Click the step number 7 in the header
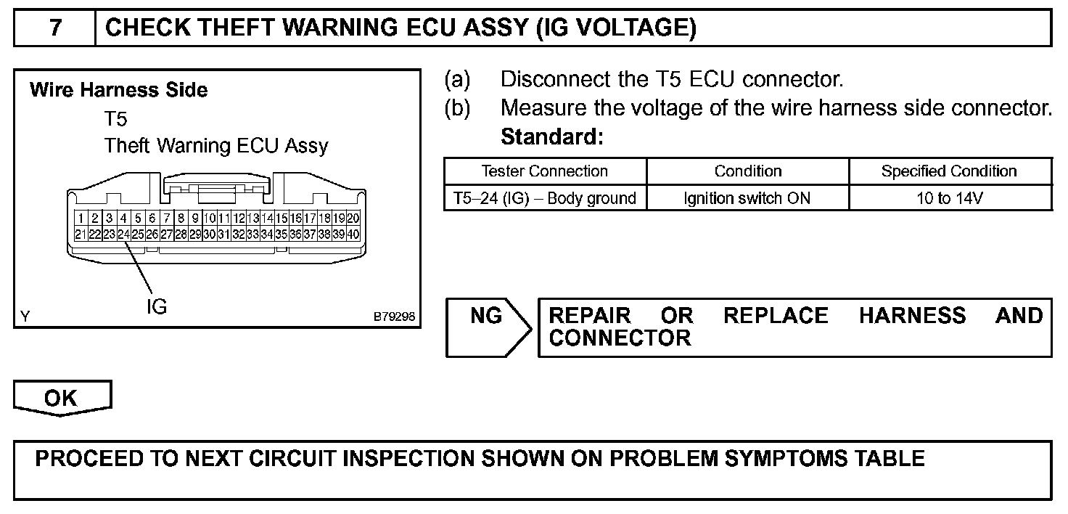[x=55, y=28]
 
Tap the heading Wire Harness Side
[x=118, y=90]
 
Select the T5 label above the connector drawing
[x=115, y=118]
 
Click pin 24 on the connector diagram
[x=123, y=234]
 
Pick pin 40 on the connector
[x=353, y=234]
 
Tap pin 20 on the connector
[x=353, y=218]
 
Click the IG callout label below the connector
[x=156, y=306]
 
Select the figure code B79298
[x=394, y=317]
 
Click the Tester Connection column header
[x=545, y=171]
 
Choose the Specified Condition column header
[x=949, y=171]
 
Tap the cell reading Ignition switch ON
[x=747, y=197]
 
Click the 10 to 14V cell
[x=949, y=197]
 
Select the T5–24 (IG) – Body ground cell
[x=545, y=197]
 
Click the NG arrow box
[x=487, y=327]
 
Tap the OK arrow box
[x=62, y=399]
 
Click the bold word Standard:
[x=551, y=136]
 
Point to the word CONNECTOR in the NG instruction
[x=620, y=338]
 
